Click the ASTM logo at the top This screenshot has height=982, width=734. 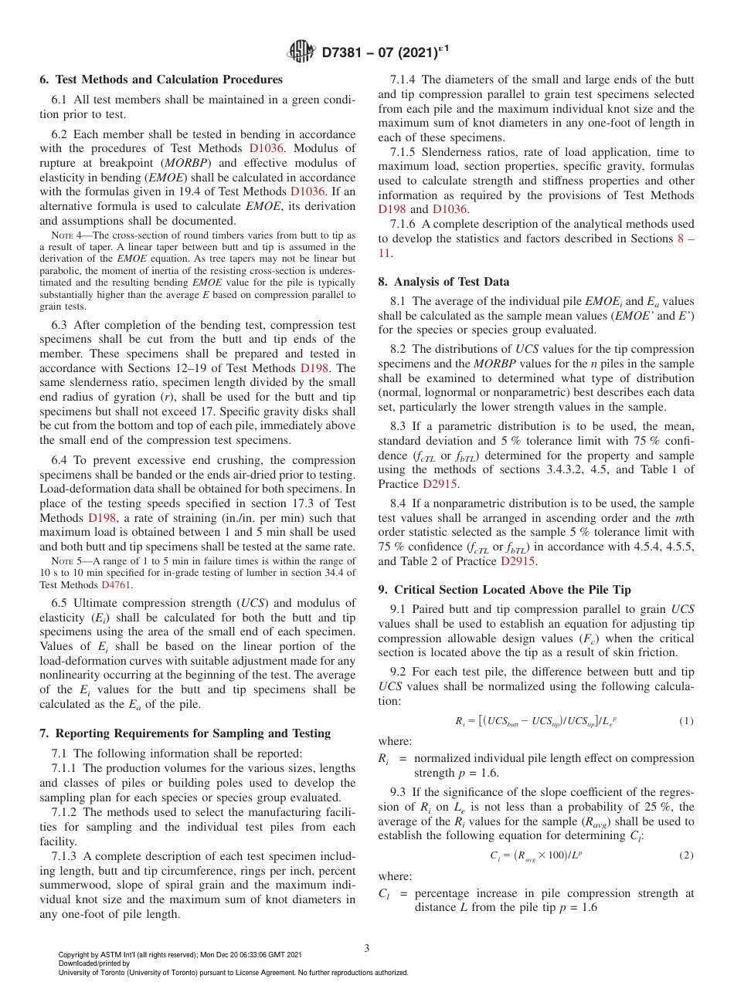coord(301,52)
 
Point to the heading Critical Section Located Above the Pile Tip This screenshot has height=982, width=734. coord(505,590)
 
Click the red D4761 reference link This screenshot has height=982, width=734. coord(117,585)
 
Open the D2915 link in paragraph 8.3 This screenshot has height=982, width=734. coord(440,484)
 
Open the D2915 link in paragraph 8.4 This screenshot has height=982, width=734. coord(518,561)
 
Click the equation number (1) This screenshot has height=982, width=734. coord(686,721)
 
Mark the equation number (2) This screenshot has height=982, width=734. coord(686,855)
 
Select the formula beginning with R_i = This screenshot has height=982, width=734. coord(535,721)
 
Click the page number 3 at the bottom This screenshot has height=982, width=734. coord(367,948)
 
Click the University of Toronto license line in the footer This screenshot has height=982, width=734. coord(233,973)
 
